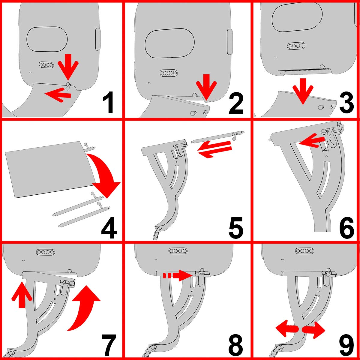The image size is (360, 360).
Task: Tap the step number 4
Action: [x=109, y=228]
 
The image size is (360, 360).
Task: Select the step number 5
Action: [x=236, y=228]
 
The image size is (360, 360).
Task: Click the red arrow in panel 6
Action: [x=312, y=141]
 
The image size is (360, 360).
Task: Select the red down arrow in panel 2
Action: [x=206, y=87]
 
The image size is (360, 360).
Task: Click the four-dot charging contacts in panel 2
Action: [x=169, y=73]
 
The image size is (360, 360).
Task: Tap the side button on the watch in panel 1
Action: [x=98, y=39]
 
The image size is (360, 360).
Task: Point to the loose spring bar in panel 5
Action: [x=218, y=137]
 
